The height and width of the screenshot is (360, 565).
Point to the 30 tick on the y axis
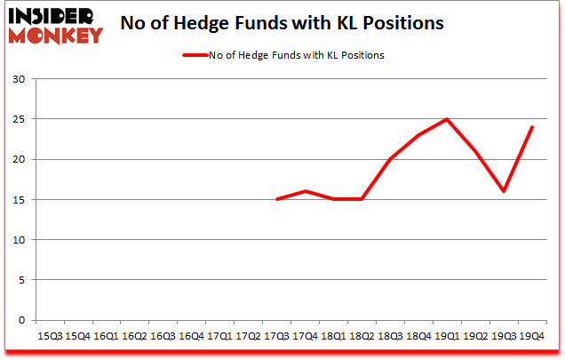pos(19,79)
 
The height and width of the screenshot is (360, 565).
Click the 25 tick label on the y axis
pos(19,119)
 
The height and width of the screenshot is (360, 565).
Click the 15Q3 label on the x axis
pos(50,337)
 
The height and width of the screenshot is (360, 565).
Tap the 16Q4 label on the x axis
pos(191,337)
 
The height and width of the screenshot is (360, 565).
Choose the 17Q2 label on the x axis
pos(248,337)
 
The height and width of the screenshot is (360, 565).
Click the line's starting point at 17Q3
pos(276,199)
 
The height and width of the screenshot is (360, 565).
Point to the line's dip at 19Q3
pos(503,191)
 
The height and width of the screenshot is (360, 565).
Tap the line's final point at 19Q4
pos(531,127)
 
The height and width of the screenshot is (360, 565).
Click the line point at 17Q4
pos(305,191)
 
